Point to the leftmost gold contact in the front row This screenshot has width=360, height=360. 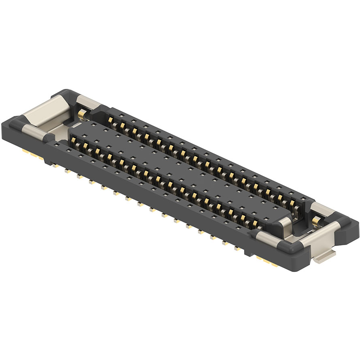coord(74,141)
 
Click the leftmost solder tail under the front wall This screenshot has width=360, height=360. coord(54,165)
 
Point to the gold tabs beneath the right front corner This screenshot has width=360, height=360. coord(268,261)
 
